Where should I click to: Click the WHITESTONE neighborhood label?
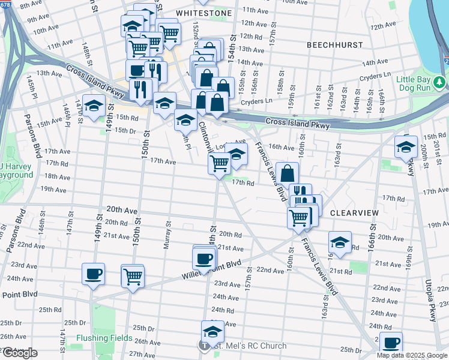coord(203,12)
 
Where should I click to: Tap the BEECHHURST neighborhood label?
coord(334,45)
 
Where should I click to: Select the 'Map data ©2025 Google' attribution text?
coord(412,355)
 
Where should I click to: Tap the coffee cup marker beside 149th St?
coord(93,274)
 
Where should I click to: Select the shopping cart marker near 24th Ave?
coord(132,276)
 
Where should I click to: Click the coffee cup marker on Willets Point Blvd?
coord(203,258)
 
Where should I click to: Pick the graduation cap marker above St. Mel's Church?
coord(212,331)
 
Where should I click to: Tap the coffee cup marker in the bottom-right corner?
coord(391,343)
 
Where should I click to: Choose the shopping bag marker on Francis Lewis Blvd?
coord(288,173)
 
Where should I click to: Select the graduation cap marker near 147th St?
coord(93,106)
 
